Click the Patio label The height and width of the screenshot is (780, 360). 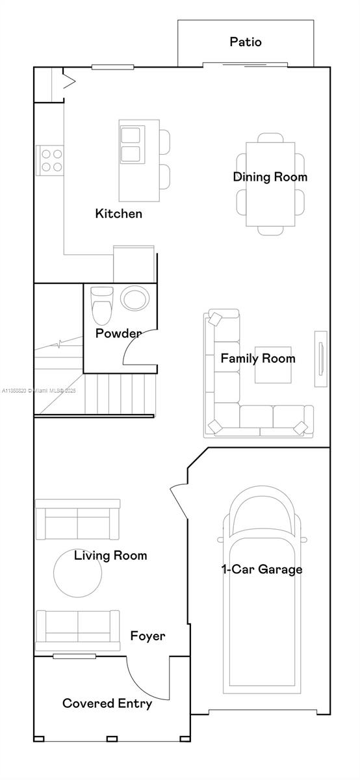246,42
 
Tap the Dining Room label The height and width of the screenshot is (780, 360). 261,177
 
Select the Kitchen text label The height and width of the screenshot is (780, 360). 119,213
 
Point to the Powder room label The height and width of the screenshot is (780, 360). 118,333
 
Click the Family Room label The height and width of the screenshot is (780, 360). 258,358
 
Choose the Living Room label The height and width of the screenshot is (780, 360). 110,555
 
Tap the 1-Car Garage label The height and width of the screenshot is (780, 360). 262,569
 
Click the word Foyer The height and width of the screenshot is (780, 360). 148,636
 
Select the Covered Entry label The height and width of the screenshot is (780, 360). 107,703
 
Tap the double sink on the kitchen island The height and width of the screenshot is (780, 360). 131,145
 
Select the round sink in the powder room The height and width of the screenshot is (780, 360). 135,300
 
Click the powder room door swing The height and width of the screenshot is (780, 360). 138,348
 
